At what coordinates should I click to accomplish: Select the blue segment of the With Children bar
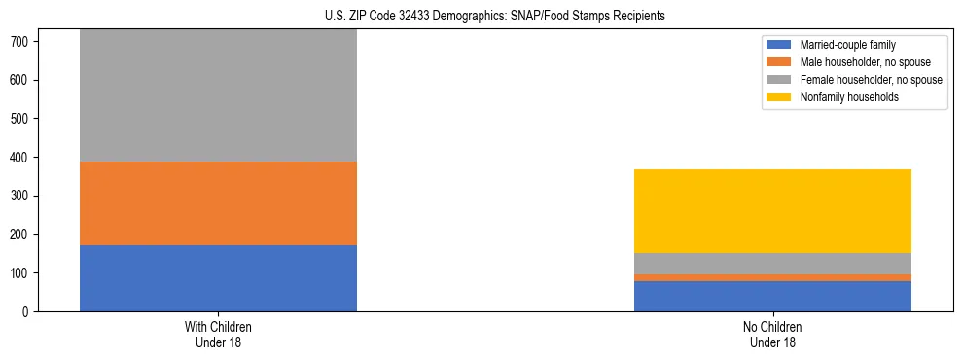tap(218, 278)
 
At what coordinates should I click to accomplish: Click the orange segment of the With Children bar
tap(218, 203)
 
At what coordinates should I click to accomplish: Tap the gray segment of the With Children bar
tap(218, 95)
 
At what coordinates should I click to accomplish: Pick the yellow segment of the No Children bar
tap(772, 211)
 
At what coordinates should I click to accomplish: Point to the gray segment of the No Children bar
tap(772, 264)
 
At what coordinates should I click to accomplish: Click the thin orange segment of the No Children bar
tap(772, 277)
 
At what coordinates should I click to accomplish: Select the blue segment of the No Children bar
tap(772, 297)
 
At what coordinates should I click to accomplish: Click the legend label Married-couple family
tap(848, 45)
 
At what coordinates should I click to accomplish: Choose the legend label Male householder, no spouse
tap(860, 62)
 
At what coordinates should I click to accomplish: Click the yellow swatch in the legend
tap(780, 97)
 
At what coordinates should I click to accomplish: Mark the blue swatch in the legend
tap(780, 45)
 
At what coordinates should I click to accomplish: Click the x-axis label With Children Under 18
tap(218, 334)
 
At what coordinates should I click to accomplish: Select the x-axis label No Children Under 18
tap(772, 334)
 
